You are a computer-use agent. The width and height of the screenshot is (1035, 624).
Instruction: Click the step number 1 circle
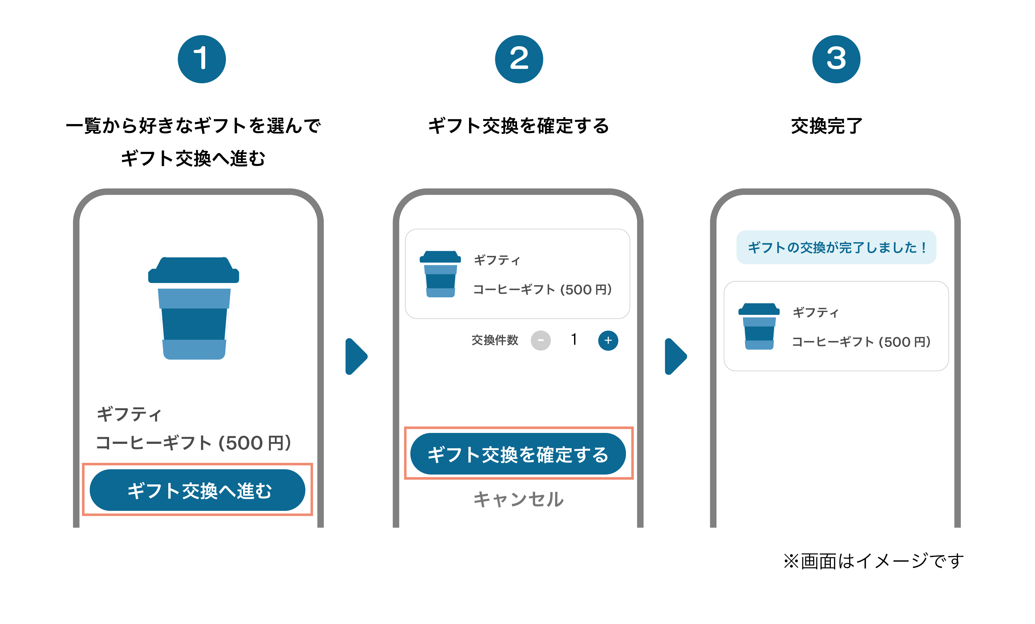coord(202,59)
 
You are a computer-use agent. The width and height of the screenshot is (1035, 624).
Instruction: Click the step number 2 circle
coord(519,59)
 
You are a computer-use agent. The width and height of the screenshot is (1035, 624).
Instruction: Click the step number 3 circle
coord(836,59)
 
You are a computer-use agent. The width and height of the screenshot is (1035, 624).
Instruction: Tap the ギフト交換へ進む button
coord(197,490)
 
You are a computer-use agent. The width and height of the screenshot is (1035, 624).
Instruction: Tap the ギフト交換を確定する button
coord(518,454)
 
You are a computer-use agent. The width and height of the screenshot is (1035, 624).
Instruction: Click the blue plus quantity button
coord(608,340)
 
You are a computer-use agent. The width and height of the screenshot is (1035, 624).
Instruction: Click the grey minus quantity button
coord(541,340)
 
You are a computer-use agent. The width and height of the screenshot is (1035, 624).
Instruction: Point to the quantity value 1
coord(574,339)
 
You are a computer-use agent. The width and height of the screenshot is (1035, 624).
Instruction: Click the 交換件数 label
coord(495,340)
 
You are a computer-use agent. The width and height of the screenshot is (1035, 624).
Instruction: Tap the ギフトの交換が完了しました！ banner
coord(836,247)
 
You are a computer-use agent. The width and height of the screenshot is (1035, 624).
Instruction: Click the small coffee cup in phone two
coord(440,274)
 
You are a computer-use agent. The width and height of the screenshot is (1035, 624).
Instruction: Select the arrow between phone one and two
coord(356,356)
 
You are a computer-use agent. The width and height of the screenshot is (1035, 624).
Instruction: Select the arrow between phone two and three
coord(675,356)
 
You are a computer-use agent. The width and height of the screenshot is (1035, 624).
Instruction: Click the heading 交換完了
coord(827,126)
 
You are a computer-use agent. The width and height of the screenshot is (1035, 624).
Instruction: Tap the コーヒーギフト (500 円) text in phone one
coord(193,443)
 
